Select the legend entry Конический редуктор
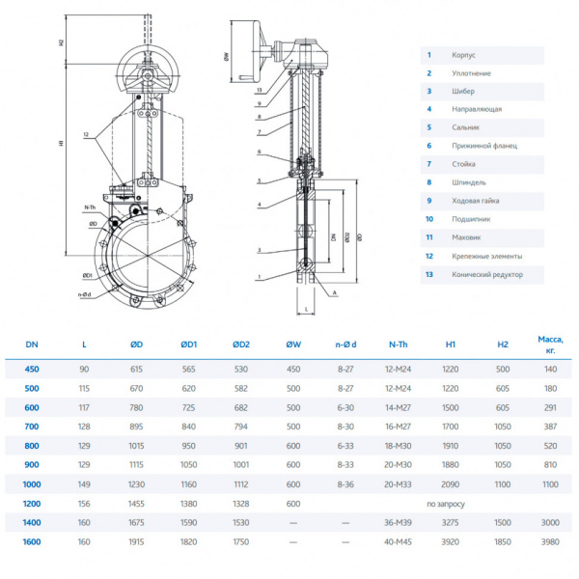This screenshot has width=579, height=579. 486,274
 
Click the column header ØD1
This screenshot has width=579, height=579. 188,344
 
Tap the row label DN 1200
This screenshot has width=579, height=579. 33,504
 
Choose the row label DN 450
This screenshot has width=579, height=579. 33,369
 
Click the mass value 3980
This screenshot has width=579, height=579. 549,541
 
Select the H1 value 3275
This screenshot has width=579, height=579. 450,522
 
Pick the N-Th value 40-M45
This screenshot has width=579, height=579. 398,541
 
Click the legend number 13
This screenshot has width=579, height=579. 429,274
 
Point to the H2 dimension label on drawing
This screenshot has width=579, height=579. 61,44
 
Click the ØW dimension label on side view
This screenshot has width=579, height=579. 226,58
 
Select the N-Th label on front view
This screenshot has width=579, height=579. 90,207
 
